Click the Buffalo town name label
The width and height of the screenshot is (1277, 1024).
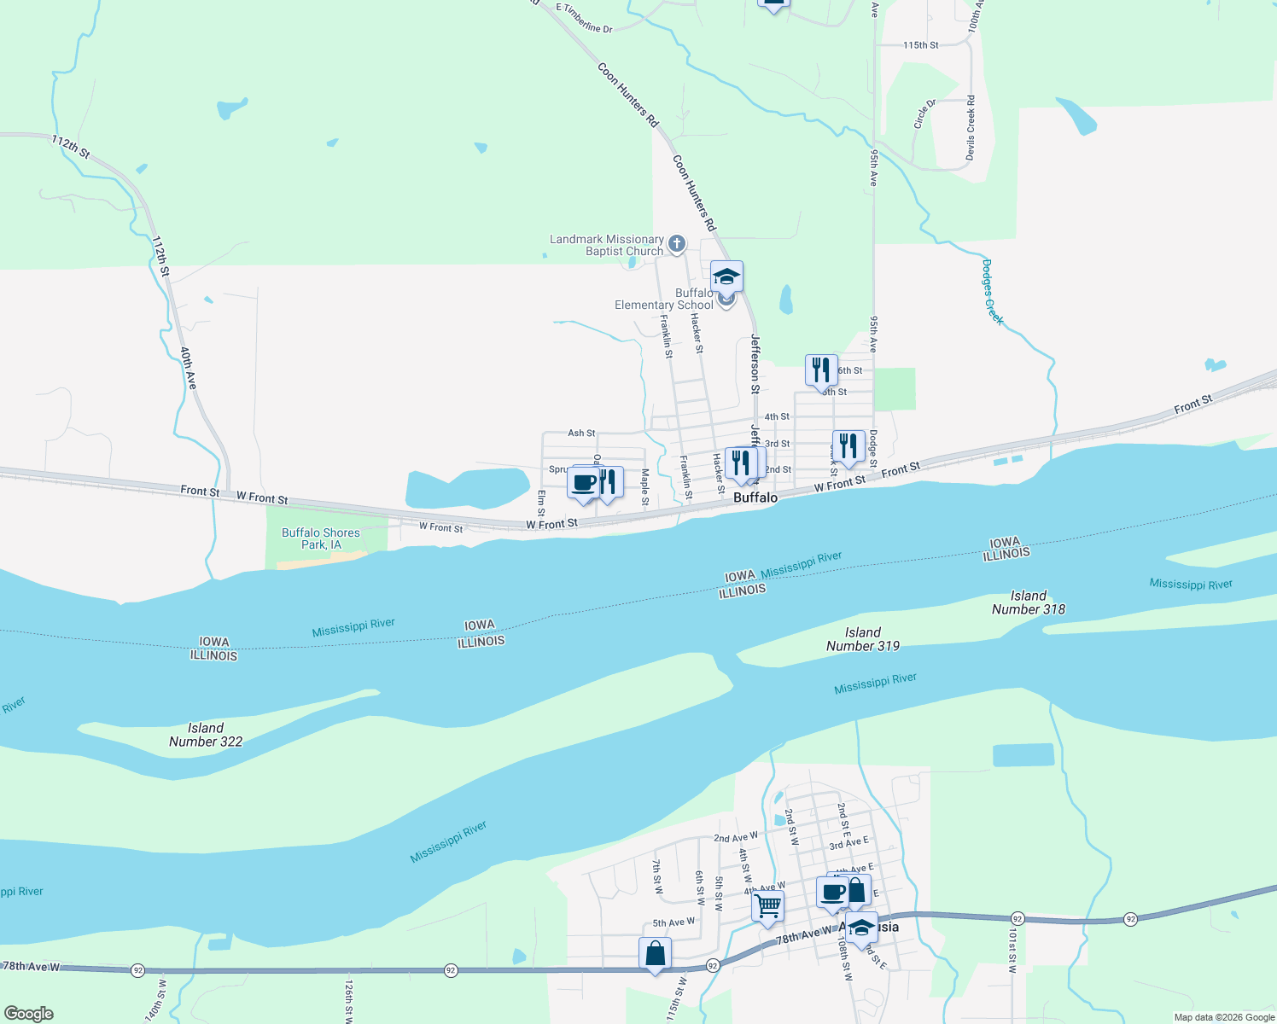[x=755, y=497]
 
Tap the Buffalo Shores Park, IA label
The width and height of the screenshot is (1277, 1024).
[x=321, y=538]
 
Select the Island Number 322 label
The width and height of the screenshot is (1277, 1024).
[x=206, y=735]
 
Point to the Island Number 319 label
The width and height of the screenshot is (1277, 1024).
[x=862, y=639]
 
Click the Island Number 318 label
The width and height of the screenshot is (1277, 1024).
[x=1028, y=602]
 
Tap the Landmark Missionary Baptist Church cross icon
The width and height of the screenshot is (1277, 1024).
[x=677, y=244]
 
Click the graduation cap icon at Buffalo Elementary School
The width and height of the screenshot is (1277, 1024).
[x=726, y=276]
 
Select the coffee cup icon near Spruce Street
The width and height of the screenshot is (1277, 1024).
[x=584, y=483]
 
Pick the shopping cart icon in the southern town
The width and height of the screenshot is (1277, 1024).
[x=768, y=905]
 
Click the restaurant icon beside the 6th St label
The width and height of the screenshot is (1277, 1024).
[x=821, y=370]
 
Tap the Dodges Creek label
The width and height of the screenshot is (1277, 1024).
[x=992, y=292]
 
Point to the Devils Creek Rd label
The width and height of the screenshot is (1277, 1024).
[x=971, y=128]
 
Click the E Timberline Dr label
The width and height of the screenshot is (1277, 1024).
[x=585, y=18]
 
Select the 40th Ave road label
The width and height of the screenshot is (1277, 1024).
[x=188, y=368]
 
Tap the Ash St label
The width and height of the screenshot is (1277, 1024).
[x=581, y=433]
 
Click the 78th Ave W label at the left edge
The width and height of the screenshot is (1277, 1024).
[x=32, y=967]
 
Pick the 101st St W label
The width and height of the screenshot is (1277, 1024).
[x=1012, y=951]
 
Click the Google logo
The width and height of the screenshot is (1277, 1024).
[x=29, y=1014]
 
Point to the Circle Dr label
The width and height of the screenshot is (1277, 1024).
[x=924, y=113]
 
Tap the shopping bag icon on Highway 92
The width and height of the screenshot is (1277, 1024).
[x=655, y=954]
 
